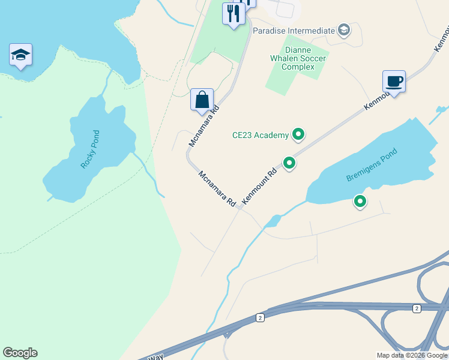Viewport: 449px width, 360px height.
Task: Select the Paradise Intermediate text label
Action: click(x=294, y=31)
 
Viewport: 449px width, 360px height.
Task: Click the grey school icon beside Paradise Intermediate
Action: click(x=344, y=30)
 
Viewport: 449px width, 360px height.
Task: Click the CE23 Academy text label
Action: click(x=261, y=135)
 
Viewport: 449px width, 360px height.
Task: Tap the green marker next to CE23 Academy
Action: click(x=298, y=134)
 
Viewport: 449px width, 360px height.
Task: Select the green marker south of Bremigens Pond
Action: click(x=360, y=202)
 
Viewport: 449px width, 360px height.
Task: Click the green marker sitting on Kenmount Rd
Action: click(x=289, y=163)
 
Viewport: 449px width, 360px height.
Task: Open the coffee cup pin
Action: click(x=394, y=82)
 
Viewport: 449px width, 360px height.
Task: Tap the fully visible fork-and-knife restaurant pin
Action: click(x=233, y=14)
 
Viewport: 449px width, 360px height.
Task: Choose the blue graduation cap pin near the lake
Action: click(x=21, y=55)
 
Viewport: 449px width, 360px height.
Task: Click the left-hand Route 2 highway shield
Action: click(x=260, y=317)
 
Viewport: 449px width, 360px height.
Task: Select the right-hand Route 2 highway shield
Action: click(x=416, y=308)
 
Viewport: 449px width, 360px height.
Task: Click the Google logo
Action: click(x=20, y=353)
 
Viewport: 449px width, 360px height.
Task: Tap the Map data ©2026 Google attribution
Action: click(x=412, y=355)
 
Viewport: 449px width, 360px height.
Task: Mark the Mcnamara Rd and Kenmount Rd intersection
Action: click(x=239, y=208)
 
